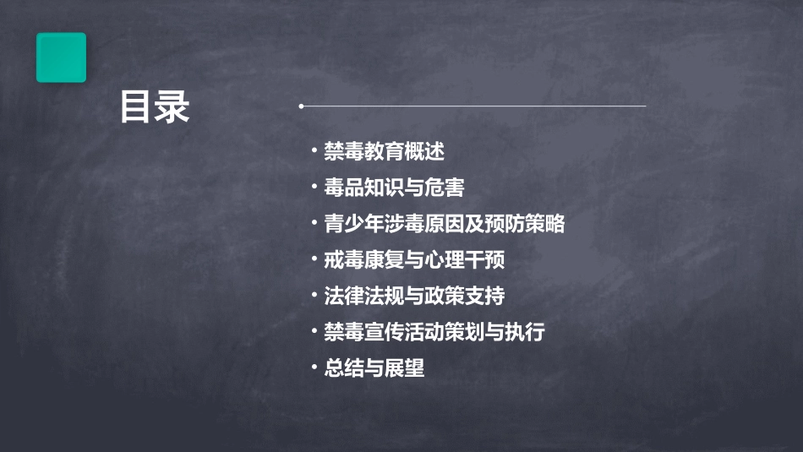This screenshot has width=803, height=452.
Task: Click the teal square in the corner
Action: [x=61, y=57]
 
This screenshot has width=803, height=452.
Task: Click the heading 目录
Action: [x=155, y=107]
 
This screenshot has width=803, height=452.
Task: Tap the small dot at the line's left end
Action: [x=301, y=106]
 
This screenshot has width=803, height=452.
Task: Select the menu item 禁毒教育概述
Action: [x=384, y=152]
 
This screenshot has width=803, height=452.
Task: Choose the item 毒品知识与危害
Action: [x=394, y=188]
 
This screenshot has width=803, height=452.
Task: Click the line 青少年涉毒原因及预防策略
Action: [x=444, y=224]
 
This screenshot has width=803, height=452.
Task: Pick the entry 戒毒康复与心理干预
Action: [x=414, y=260]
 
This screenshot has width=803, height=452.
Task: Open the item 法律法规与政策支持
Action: [x=414, y=297]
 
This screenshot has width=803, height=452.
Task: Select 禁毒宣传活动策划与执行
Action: [x=434, y=332]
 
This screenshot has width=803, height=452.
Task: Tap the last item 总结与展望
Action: [x=374, y=368]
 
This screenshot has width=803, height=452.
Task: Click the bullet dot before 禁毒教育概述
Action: [x=314, y=152]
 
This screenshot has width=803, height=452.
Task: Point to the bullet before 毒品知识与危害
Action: [x=314, y=188]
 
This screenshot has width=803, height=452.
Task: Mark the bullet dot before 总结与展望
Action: [x=314, y=368]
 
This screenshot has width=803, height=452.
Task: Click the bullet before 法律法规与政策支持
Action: [x=314, y=297]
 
